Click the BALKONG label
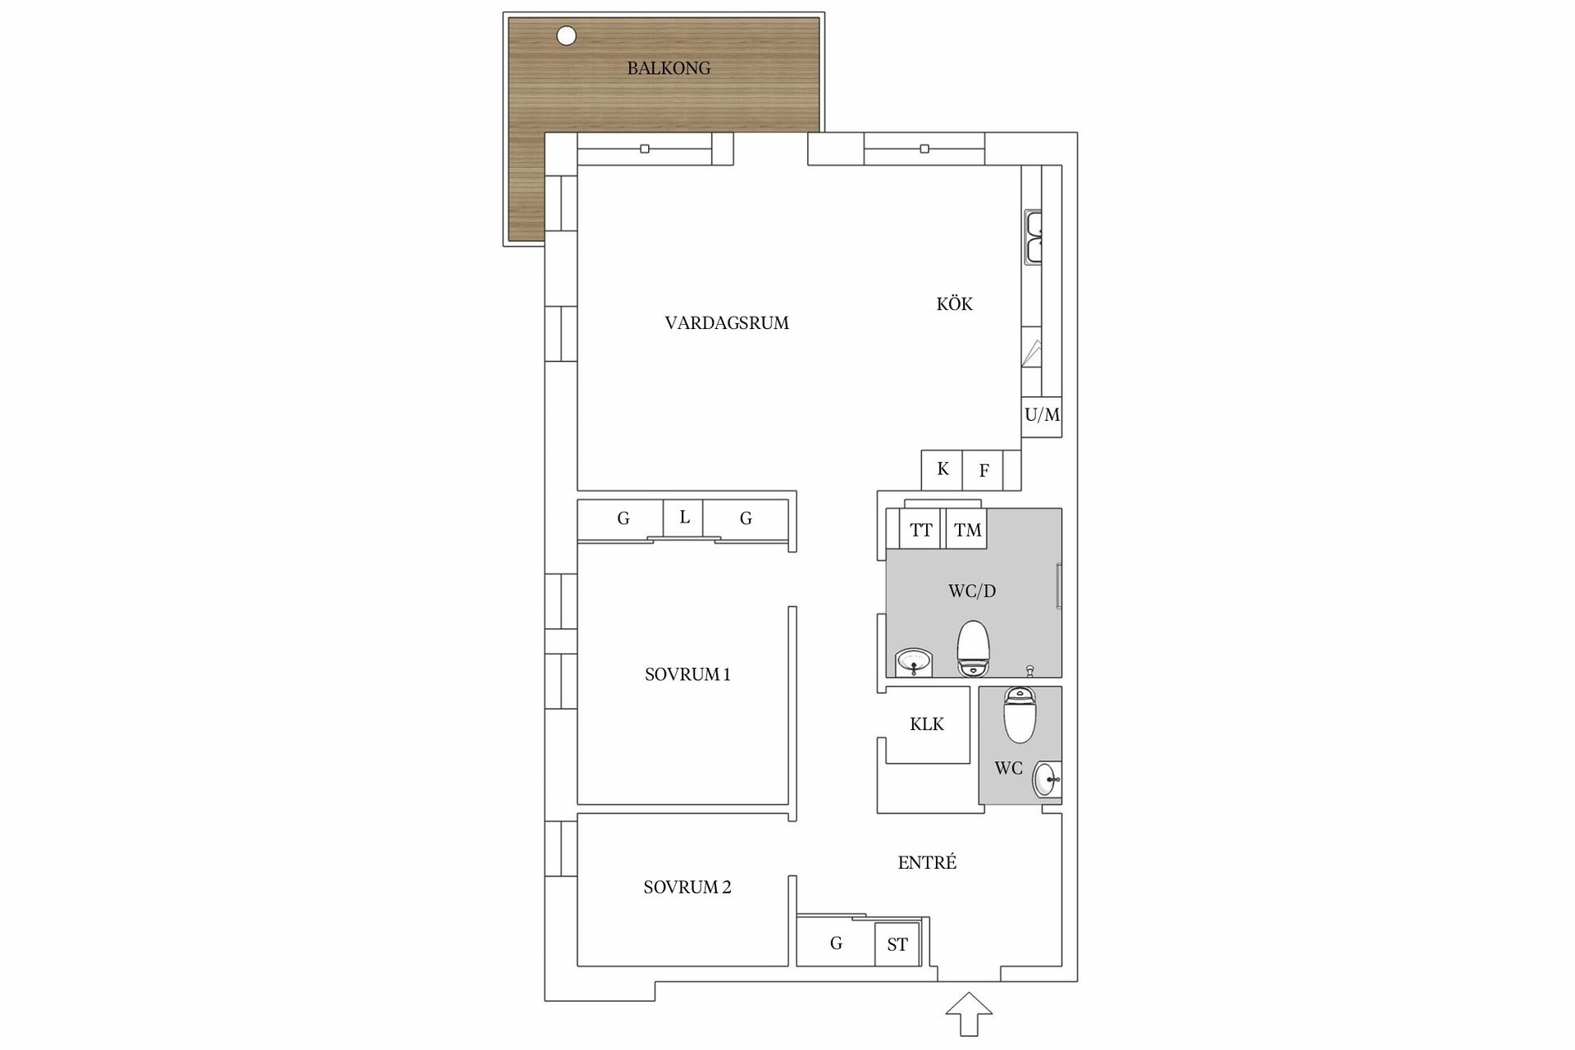(669, 68)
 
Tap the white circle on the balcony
(566, 36)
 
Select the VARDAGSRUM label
(727, 323)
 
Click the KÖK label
(954, 304)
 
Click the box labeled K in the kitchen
(942, 470)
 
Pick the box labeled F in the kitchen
(983, 470)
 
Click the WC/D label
(972, 591)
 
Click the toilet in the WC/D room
(974, 648)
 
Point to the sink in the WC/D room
(914, 662)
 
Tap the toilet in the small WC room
(1020, 714)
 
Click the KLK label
(927, 724)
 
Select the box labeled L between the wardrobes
(683, 518)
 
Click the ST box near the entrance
(897, 944)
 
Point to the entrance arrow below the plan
(969, 1014)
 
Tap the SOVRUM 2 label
(687, 887)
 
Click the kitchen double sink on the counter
(1034, 238)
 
